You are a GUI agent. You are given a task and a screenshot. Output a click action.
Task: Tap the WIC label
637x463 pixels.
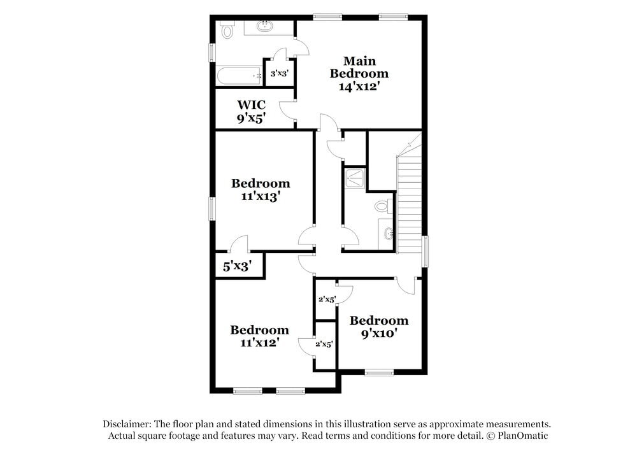(x=251, y=104)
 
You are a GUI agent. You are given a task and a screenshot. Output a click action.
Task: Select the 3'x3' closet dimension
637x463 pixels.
(x=280, y=74)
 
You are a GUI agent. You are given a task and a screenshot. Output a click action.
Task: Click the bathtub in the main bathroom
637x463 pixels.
(x=240, y=76)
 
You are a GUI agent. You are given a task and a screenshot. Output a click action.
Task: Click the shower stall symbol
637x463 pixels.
(x=354, y=178)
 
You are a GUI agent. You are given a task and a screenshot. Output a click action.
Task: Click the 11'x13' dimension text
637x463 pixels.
(x=261, y=197)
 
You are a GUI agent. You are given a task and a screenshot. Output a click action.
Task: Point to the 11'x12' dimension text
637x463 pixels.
(x=259, y=343)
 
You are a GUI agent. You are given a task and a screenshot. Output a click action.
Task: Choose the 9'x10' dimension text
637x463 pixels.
(x=378, y=333)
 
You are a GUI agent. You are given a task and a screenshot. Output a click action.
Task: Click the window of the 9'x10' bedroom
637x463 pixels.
(x=379, y=373)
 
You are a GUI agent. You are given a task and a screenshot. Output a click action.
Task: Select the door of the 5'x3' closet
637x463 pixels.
(x=238, y=243)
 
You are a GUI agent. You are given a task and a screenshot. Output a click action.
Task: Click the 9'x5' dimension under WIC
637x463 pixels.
(x=251, y=118)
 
